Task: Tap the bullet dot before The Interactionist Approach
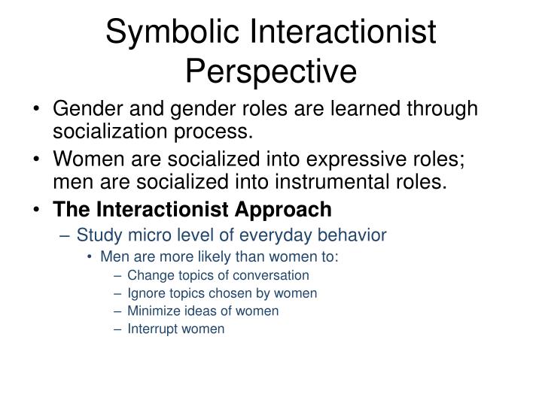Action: pyautogui.click(x=38, y=210)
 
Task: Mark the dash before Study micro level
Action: pyautogui.click(x=66, y=235)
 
